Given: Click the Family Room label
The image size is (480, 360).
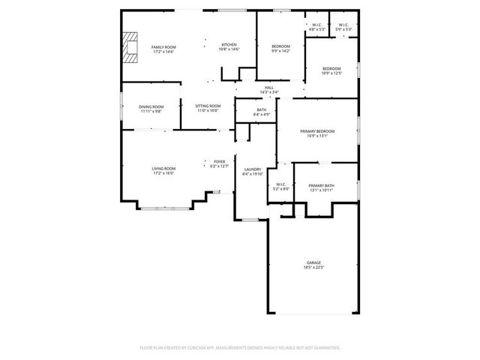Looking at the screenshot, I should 163,47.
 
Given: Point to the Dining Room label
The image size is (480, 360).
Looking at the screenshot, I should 151,106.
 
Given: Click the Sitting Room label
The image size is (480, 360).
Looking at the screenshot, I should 208,106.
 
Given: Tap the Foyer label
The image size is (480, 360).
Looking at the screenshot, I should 219,161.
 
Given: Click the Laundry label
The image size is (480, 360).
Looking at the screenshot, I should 253,169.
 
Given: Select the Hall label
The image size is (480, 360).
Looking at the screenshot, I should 269,88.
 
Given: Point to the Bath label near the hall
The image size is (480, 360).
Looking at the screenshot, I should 261,110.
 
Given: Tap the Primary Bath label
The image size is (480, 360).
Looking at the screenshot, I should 321,185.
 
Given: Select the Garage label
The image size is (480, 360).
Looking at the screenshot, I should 313,262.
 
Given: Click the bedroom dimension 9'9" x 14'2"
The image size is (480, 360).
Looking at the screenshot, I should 280,51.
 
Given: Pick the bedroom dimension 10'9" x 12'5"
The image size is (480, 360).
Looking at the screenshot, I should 331,73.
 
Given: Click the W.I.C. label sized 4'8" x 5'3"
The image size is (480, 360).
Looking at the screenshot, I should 316,29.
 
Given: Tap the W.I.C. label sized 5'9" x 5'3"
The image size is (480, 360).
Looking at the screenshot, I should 343,29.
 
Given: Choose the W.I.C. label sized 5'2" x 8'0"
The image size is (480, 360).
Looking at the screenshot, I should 280,189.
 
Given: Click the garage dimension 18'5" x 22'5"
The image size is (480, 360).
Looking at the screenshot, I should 313,266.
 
